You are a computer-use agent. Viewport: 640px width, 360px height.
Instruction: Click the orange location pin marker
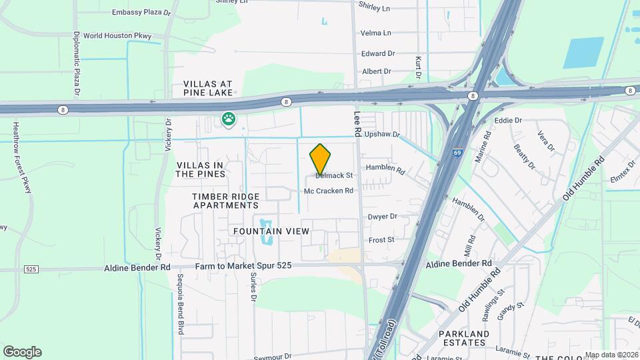[321, 159]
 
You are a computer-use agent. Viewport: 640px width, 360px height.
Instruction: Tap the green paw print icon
[229, 121]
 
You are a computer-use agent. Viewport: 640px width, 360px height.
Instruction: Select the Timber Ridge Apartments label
[225, 201]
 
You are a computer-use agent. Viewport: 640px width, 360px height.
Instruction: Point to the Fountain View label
[271, 231]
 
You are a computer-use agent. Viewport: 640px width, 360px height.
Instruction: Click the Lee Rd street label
[357, 124]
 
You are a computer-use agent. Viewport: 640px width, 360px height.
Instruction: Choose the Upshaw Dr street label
[382, 135]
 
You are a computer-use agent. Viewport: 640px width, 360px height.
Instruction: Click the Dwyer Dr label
[383, 217]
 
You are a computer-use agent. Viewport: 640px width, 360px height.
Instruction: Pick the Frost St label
[381, 239]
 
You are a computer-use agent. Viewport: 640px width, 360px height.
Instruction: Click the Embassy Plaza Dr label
[141, 12]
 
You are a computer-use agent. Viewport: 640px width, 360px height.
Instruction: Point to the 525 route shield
[31, 269]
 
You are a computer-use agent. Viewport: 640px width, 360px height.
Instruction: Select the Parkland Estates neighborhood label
[464, 338]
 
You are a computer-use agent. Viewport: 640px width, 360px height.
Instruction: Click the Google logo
[22, 351]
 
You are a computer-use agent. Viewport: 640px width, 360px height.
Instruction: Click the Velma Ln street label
[375, 33]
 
